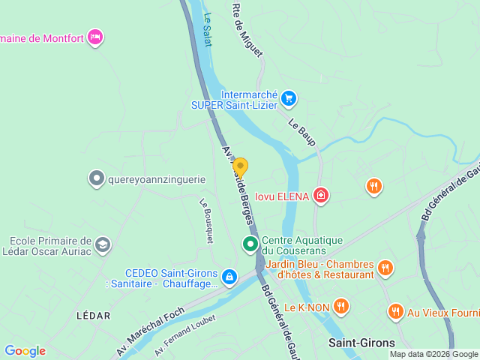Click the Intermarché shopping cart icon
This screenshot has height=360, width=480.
click(289, 97)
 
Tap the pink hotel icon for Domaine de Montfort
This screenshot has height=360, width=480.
click(94, 37)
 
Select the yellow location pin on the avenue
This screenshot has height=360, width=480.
click(240, 167)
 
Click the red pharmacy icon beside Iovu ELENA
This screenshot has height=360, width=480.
click(321, 196)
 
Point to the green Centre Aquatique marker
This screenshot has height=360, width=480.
click(249, 244)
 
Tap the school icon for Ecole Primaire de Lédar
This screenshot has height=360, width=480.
click(102, 244)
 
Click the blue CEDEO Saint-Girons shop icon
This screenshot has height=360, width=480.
click(229, 278)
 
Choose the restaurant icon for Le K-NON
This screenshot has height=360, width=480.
click(341, 305)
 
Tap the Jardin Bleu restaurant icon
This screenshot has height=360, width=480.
click(385, 268)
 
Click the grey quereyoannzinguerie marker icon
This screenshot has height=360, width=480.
click(96, 178)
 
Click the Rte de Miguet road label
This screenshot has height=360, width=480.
click(247, 30)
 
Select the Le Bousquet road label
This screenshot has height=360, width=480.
click(206, 220)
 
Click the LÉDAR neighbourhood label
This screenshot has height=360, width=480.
click(94, 316)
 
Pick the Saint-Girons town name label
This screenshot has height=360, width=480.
click(362, 343)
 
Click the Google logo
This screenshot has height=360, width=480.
click(25, 350)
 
